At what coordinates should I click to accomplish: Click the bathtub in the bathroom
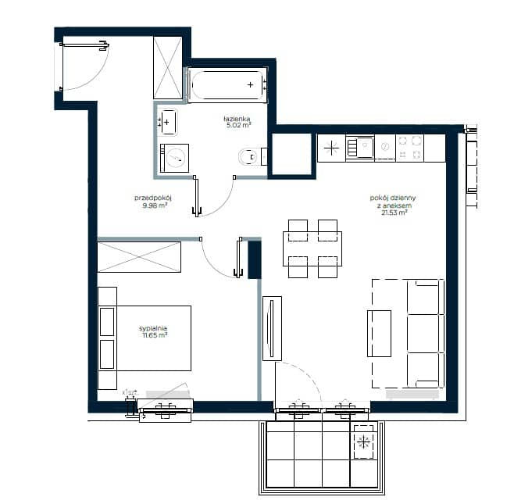(x=227, y=85)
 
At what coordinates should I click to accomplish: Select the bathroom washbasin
(x=167, y=122)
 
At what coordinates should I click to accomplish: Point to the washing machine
(x=174, y=158)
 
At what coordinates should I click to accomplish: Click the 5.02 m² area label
(x=239, y=125)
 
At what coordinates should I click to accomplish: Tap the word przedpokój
(x=153, y=198)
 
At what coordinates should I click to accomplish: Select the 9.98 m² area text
(x=155, y=206)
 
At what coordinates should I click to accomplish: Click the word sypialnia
(x=153, y=328)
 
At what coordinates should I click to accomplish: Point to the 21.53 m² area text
(x=394, y=213)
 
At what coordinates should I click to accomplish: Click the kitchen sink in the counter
(x=359, y=148)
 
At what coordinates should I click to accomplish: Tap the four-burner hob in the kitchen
(x=410, y=148)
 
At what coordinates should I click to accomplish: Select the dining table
(x=312, y=248)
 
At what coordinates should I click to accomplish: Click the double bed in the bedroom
(x=145, y=338)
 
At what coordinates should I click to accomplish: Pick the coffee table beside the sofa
(x=380, y=334)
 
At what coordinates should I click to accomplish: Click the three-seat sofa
(x=425, y=334)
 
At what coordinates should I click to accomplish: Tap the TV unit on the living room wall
(x=272, y=328)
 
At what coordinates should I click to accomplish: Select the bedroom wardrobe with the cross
(x=139, y=257)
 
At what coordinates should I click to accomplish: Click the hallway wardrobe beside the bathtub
(x=168, y=68)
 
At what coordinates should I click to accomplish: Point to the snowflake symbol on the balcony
(x=363, y=442)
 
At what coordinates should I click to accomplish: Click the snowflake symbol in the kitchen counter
(x=331, y=148)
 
